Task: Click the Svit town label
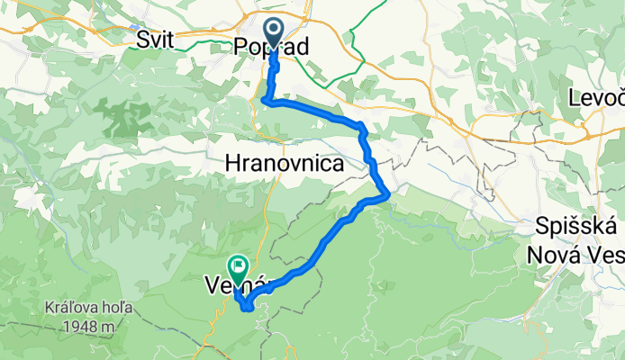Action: pos(157,40)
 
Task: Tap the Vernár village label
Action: pos(240,285)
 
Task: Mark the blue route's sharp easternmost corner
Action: pos(388,193)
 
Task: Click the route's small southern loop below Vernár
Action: pos(246,307)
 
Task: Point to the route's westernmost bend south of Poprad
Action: pos(263,100)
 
